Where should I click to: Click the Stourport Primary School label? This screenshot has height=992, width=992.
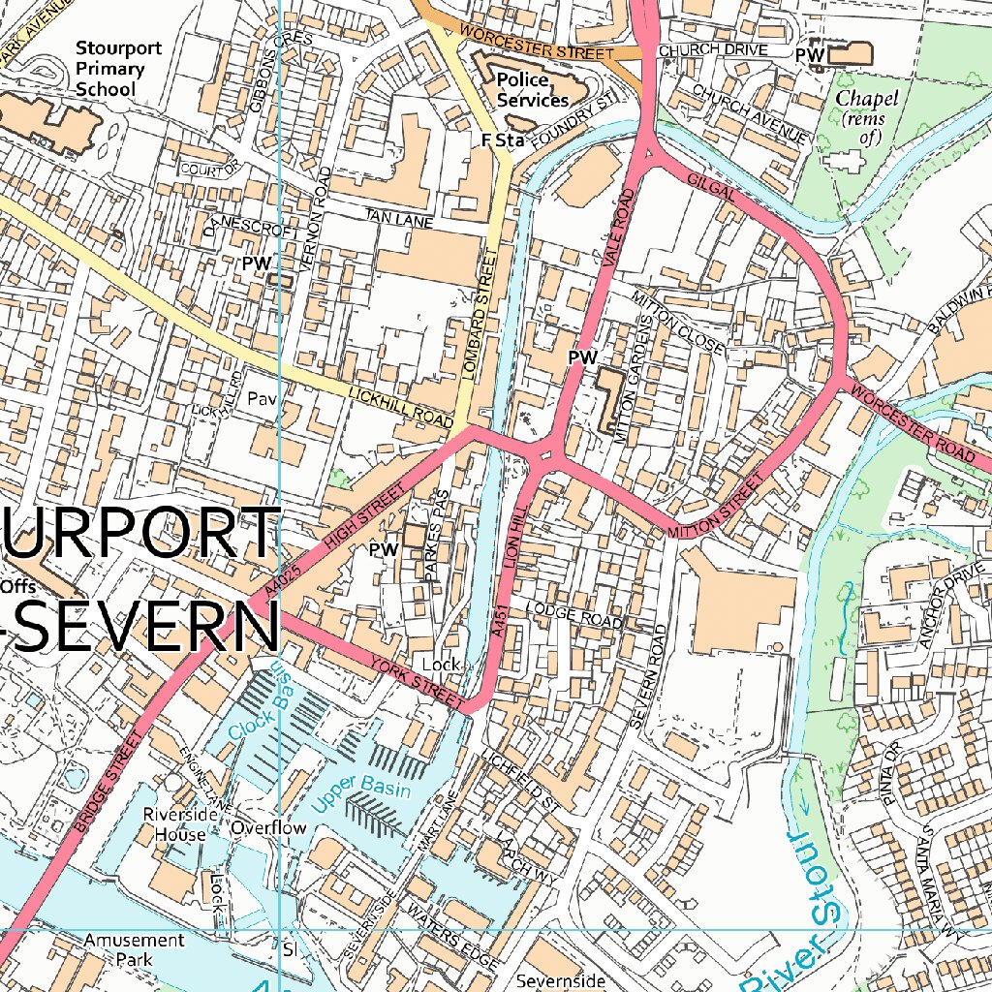point(119,69)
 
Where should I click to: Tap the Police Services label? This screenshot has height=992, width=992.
point(532,90)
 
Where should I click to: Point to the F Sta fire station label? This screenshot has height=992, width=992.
point(502,141)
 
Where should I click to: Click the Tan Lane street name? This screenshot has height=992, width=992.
point(399,219)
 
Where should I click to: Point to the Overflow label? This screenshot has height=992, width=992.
point(268,828)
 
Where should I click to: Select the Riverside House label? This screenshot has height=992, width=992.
point(175,824)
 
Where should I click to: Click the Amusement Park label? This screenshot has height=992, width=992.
point(134,949)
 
